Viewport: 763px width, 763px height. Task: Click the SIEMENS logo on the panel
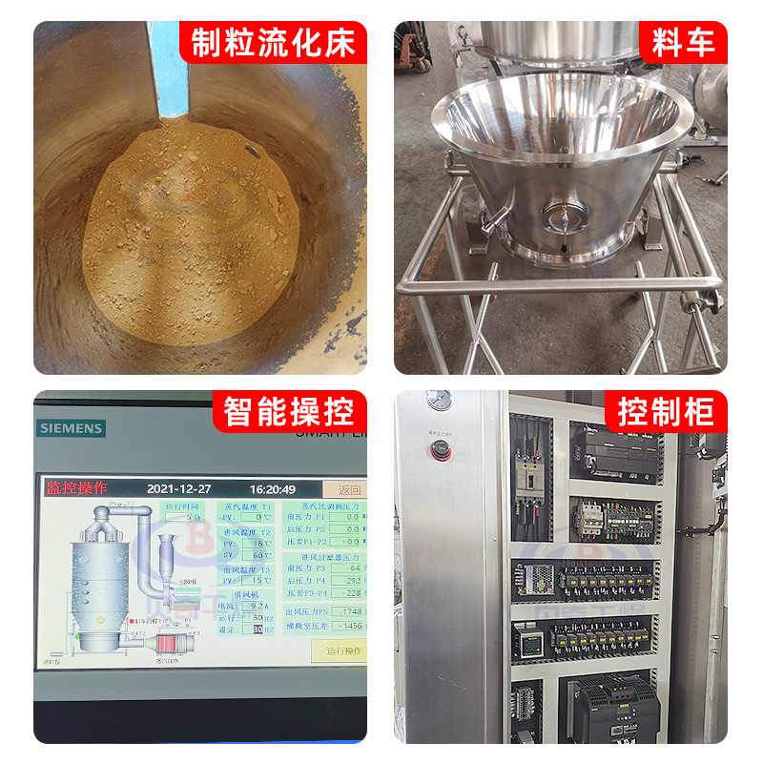click(x=70, y=428)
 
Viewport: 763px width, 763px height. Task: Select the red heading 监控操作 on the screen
click(x=76, y=488)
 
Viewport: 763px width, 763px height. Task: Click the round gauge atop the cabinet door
click(x=439, y=401)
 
